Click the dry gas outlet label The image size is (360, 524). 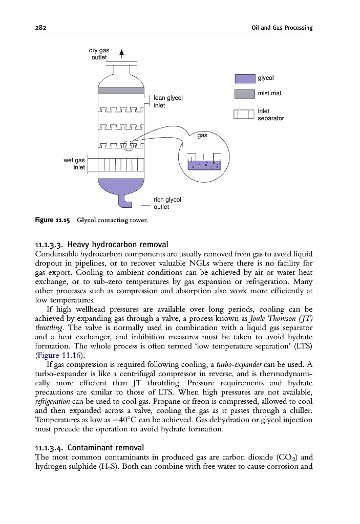[99, 54]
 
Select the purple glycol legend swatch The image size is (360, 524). [245, 78]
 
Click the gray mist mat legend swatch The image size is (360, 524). [245, 94]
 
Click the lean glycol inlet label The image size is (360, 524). [168, 101]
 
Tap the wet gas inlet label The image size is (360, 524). [74, 164]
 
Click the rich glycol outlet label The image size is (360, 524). [167, 203]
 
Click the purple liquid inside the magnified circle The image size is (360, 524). [203, 166]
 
